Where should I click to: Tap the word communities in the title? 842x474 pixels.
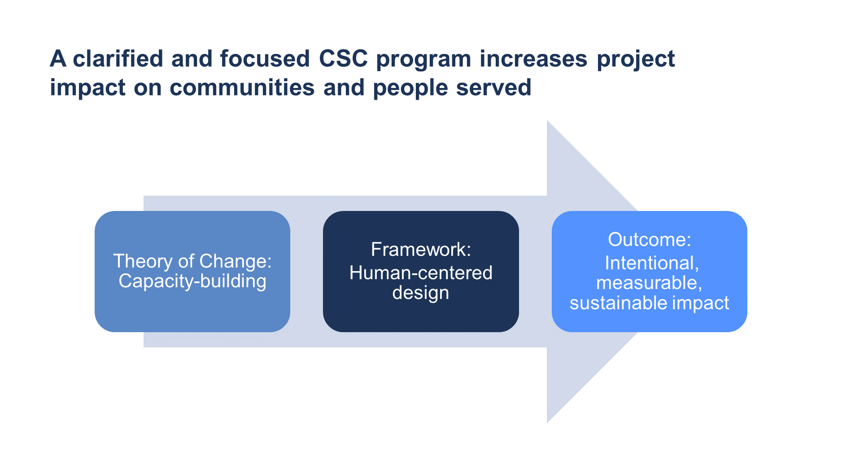(x=242, y=88)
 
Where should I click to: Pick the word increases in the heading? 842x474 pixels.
(x=533, y=59)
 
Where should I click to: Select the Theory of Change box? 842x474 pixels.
(x=192, y=272)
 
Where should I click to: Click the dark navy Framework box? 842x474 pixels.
(x=421, y=272)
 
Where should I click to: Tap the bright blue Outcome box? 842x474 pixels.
(x=649, y=272)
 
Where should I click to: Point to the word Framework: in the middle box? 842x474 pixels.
(x=421, y=250)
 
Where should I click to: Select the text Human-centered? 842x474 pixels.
(x=421, y=273)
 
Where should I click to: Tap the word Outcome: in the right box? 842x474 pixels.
(x=650, y=240)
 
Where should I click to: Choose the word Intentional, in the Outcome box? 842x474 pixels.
(x=652, y=263)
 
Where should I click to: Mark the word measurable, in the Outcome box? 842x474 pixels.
(x=649, y=283)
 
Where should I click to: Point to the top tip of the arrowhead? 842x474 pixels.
(x=547, y=120)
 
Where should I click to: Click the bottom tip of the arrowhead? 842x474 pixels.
(x=547, y=423)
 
